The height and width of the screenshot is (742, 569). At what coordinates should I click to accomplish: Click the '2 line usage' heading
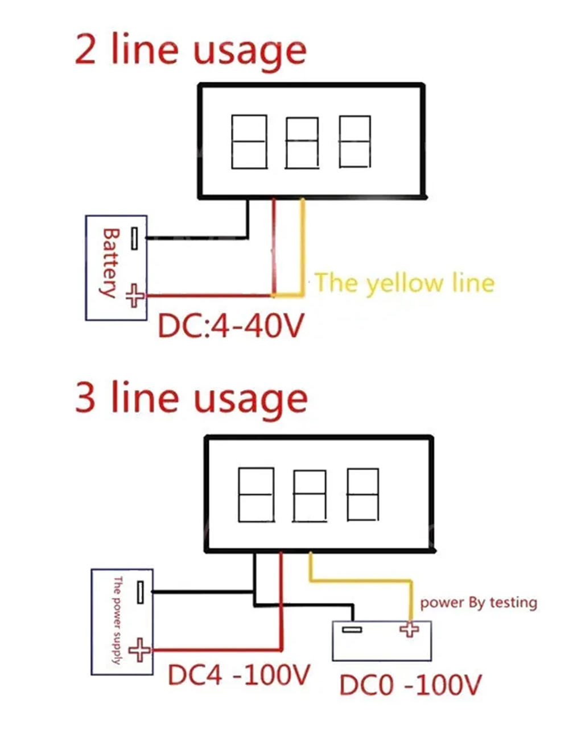point(191,51)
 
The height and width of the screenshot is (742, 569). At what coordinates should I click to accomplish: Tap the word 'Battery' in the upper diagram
point(109,263)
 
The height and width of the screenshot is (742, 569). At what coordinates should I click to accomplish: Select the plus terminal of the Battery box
point(135,296)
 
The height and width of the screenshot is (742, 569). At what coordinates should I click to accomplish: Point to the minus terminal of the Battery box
point(134,238)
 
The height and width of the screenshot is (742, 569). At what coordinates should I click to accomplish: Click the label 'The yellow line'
point(404,283)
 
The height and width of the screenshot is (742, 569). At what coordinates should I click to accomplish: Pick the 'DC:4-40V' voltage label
point(230,326)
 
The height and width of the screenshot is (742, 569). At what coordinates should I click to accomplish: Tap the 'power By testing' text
point(478,603)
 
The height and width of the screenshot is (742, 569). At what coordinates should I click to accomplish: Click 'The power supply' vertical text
point(117,620)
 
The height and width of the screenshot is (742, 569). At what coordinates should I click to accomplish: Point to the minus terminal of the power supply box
point(141,592)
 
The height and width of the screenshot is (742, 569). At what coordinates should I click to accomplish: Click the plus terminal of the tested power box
point(409,629)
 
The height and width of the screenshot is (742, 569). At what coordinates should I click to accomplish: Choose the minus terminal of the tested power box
point(352,629)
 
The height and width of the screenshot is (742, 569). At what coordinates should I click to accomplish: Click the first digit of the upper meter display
point(249,142)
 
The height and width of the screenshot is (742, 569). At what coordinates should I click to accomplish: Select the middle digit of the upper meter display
point(302,143)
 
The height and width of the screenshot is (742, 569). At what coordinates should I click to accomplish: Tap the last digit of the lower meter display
point(363,495)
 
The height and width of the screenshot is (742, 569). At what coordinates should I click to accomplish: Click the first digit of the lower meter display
point(256,495)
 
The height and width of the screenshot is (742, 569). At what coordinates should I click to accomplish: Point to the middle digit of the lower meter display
point(310,495)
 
